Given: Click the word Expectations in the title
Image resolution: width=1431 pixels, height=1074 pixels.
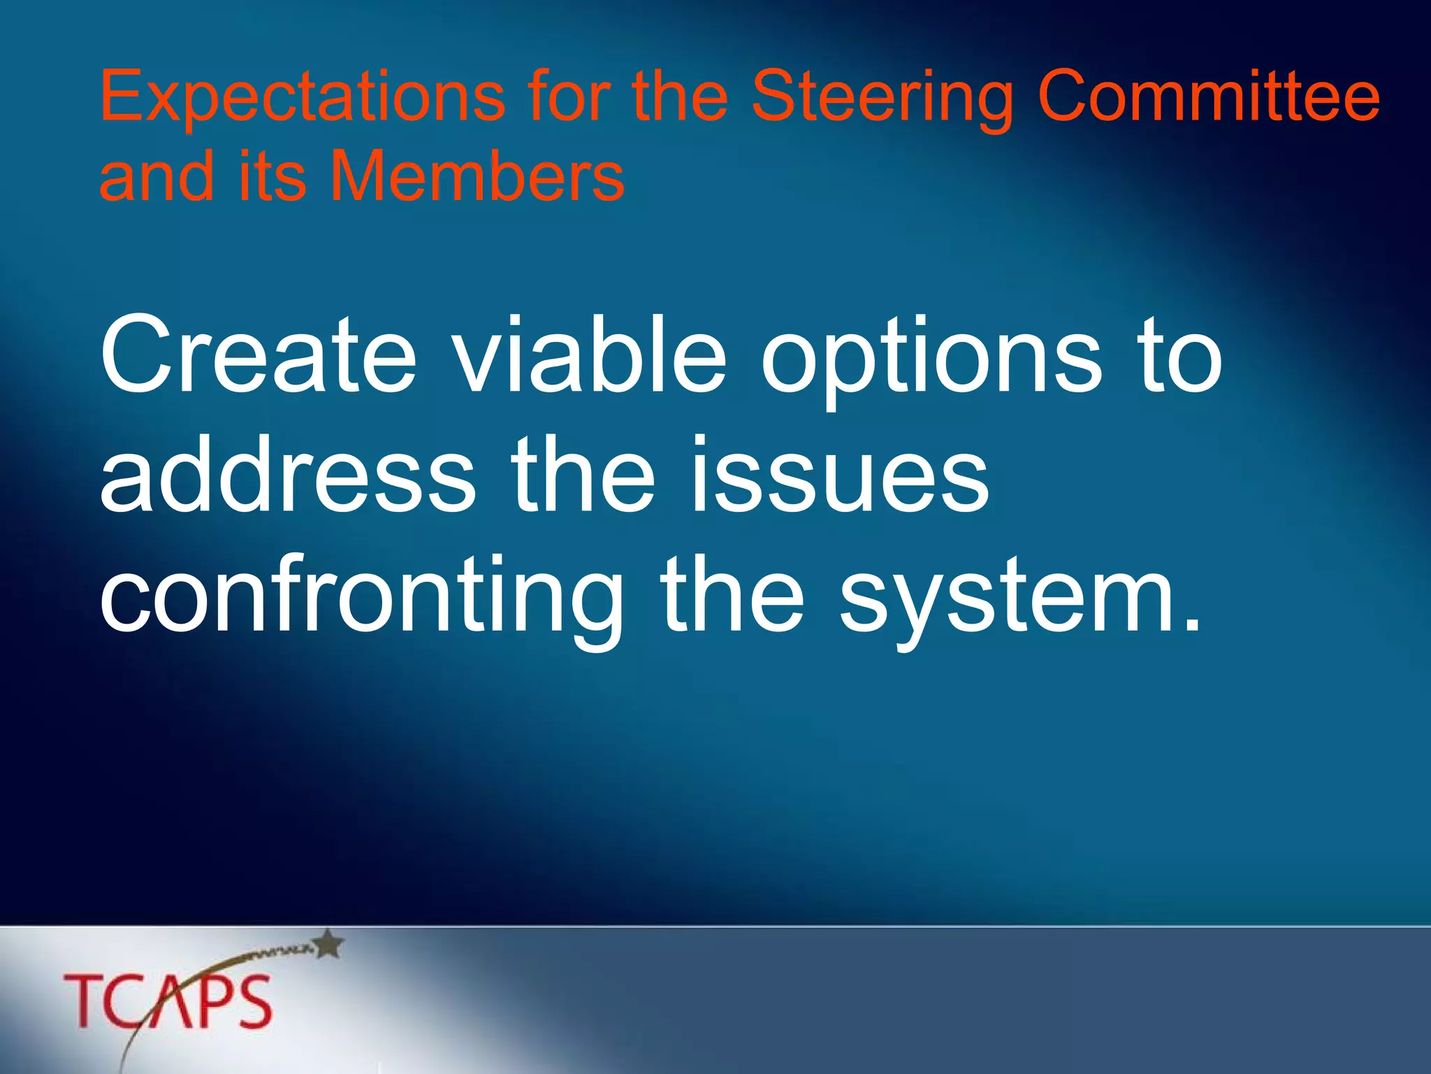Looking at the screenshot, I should (x=302, y=98).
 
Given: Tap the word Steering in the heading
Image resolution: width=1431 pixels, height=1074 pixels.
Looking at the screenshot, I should (x=882, y=98).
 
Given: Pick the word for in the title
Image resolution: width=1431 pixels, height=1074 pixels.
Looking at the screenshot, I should (x=567, y=98).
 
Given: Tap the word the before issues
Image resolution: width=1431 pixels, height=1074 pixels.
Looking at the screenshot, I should (x=583, y=475).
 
